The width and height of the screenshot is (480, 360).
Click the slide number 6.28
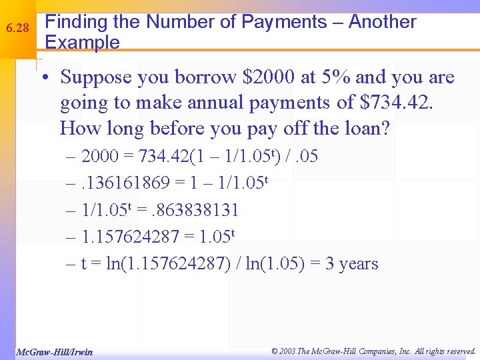[x=17, y=29]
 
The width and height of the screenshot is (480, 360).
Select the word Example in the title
[x=82, y=43]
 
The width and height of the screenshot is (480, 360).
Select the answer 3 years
[x=351, y=264]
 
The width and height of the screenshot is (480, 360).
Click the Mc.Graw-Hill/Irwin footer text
[x=55, y=351]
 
